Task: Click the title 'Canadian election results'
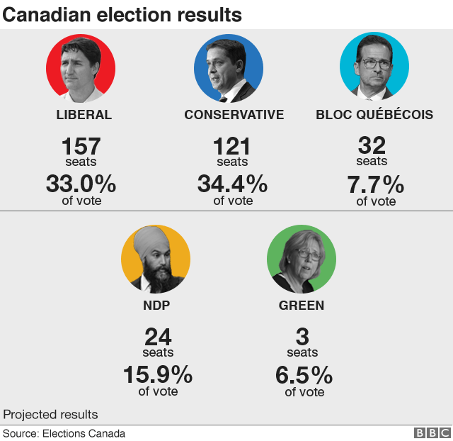(x=122, y=14)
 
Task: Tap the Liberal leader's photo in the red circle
(x=81, y=68)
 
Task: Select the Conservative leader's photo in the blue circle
(x=229, y=68)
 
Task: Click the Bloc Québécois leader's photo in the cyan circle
(x=374, y=68)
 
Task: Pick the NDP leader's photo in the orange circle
(x=156, y=259)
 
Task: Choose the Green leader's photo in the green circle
(x=302, y=259)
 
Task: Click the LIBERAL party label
(x=84, y=115)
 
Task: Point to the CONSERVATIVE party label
(x=234, y=115)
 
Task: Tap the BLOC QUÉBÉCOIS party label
(x=374, y=115)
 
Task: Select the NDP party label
(x=156, y=306)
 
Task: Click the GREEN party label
(x=302, y=306)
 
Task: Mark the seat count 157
(x=81, y=147)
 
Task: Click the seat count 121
(x=232, y=147)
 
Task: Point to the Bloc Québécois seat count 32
(x=372, y=145)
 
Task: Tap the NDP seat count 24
(x=158, y=337)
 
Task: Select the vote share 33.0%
(x=81, y=184)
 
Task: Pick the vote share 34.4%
(x=232, y=184)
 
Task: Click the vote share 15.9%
(x=158, y=374)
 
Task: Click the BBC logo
(x=431, y=433)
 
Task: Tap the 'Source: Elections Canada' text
(x=64, y=433)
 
